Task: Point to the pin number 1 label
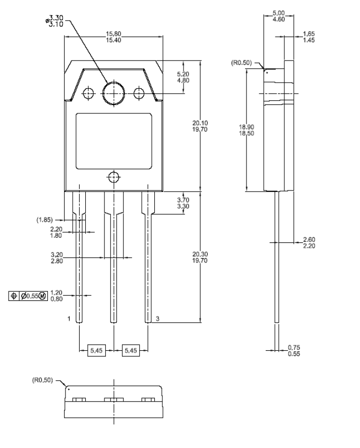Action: (68, 319)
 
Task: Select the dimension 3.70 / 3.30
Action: (184, 203)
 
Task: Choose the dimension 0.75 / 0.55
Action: (293, 350)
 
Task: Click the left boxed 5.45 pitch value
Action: (97, 350)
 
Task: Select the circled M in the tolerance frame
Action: (42, 296)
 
